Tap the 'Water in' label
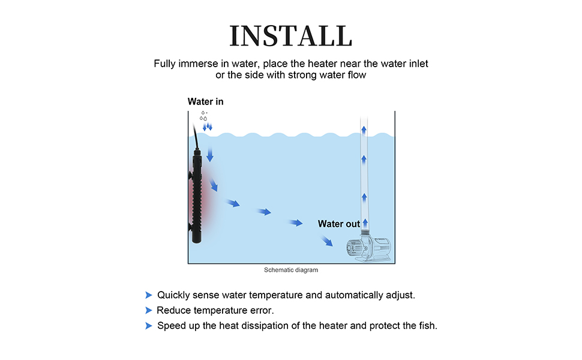205,101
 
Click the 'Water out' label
339,224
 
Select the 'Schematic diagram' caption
291,270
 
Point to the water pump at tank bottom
367,248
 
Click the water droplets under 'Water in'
205,116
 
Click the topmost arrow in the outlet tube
364,128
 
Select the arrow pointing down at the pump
328,241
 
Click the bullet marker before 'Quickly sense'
148,295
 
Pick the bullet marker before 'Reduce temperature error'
148,310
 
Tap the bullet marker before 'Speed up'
148,326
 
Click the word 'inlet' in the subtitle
418,63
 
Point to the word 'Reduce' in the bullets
173,310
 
